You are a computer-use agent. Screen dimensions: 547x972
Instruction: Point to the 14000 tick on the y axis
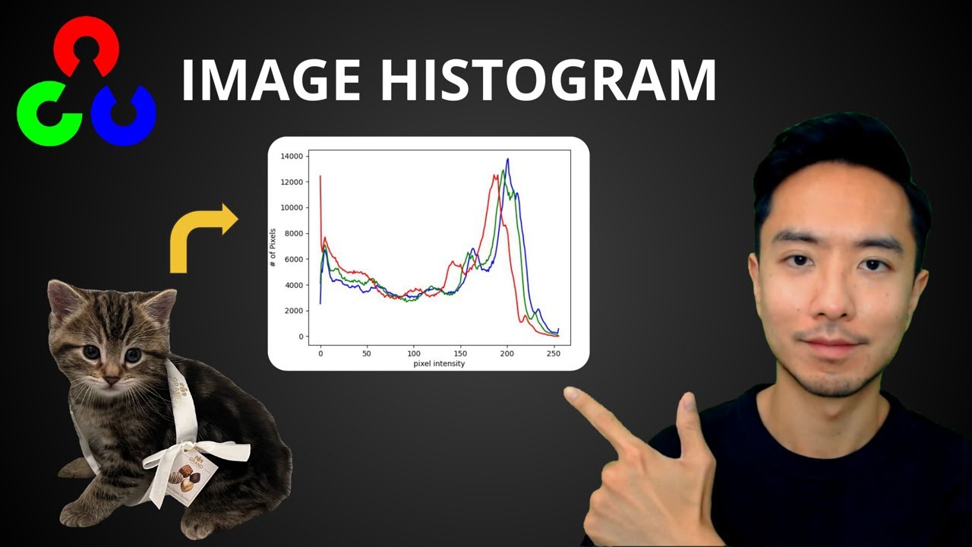tap(292, 157)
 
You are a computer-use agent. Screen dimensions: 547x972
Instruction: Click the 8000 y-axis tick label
tap(294, 233)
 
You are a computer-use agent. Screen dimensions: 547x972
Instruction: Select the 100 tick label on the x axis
tap(414, 353)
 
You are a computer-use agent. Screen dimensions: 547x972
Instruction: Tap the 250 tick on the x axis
tap(554, 353)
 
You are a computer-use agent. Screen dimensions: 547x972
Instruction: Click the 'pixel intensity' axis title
tap(439, 364)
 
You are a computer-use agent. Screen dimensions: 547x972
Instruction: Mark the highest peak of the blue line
tap(507, 160)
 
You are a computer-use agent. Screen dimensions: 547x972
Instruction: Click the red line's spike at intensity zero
tap(320, 176)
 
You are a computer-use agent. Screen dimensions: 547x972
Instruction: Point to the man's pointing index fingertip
tap(569, 394)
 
